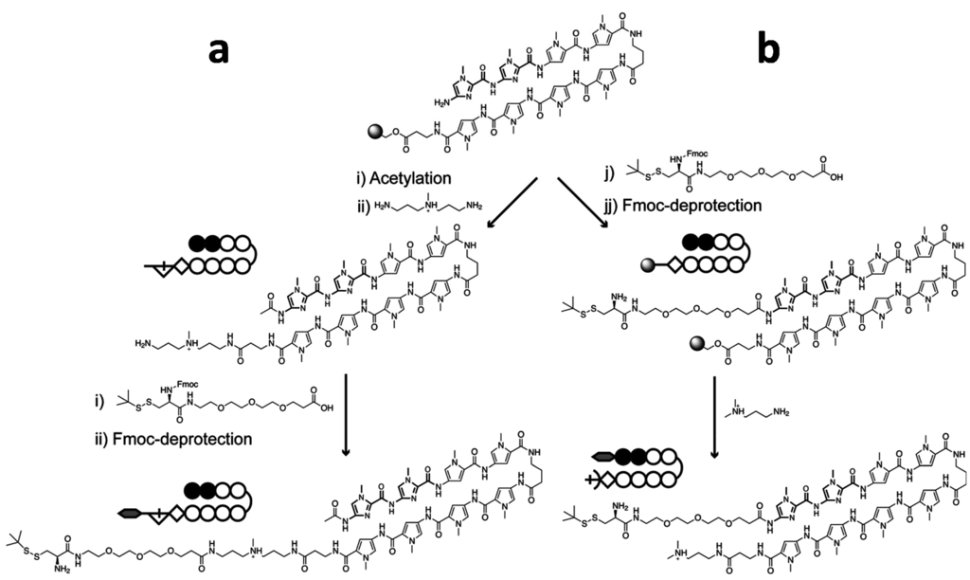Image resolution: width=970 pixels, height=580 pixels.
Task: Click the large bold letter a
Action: click(x=219, y=52)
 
